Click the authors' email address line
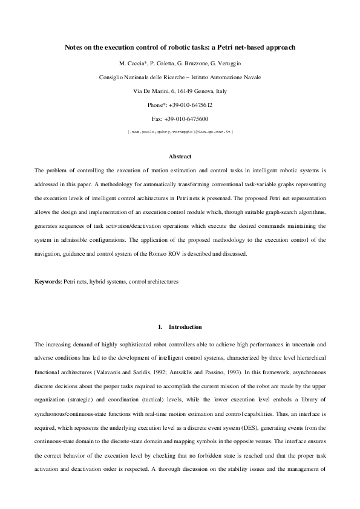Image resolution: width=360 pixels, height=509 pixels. click(180, 131)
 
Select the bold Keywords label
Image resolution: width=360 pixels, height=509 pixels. click(48, 282)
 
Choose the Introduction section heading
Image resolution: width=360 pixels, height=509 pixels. click(185, 327)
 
